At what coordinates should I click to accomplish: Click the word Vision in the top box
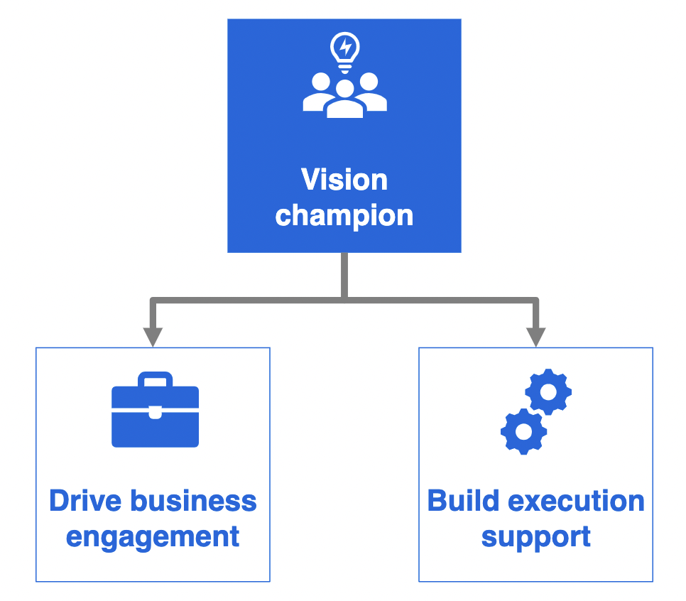point(344,180)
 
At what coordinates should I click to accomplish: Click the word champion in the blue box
point(344,216)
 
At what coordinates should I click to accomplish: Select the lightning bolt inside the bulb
point(346,46)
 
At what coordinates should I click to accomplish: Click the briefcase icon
point(156,410)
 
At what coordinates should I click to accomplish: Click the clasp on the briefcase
point(156,412)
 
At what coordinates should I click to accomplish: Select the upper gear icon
point(548,391)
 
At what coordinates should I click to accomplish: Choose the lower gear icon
point(523,432)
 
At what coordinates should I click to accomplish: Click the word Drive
point(85,501)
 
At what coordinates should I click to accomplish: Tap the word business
point(194,501)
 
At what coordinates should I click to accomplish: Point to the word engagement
point(153,538)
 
